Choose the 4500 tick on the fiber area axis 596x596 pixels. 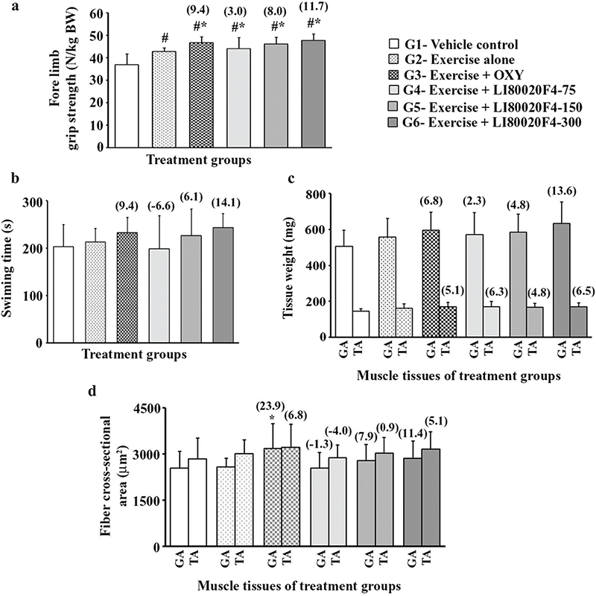point(146,408)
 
